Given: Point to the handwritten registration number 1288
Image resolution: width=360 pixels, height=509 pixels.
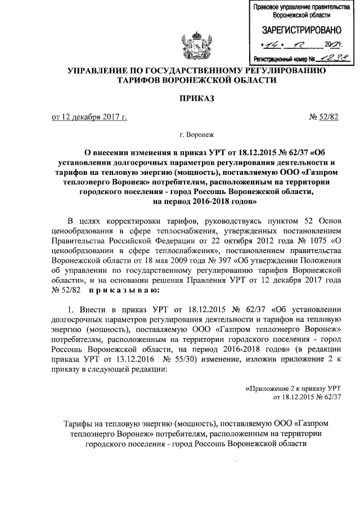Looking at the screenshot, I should coord(327,58).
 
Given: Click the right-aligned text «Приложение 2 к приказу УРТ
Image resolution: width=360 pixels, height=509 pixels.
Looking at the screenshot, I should coord(295,389).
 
